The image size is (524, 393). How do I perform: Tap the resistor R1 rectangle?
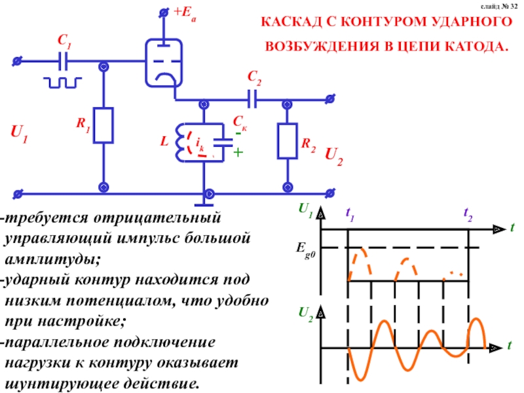tap(103, 125)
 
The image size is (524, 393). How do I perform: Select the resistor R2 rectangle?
tap(287, 141)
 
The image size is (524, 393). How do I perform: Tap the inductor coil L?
tap(181, 141)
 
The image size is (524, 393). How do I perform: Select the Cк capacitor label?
tap(240, 122)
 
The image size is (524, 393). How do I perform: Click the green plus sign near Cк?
tap(238, 153)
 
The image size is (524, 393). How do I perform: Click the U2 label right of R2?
tap(335, 155)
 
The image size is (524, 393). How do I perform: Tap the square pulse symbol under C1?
tap(63, 82)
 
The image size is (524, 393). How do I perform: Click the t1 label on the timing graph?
tap(349, 213)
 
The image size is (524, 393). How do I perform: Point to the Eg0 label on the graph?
tap(305, 248)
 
